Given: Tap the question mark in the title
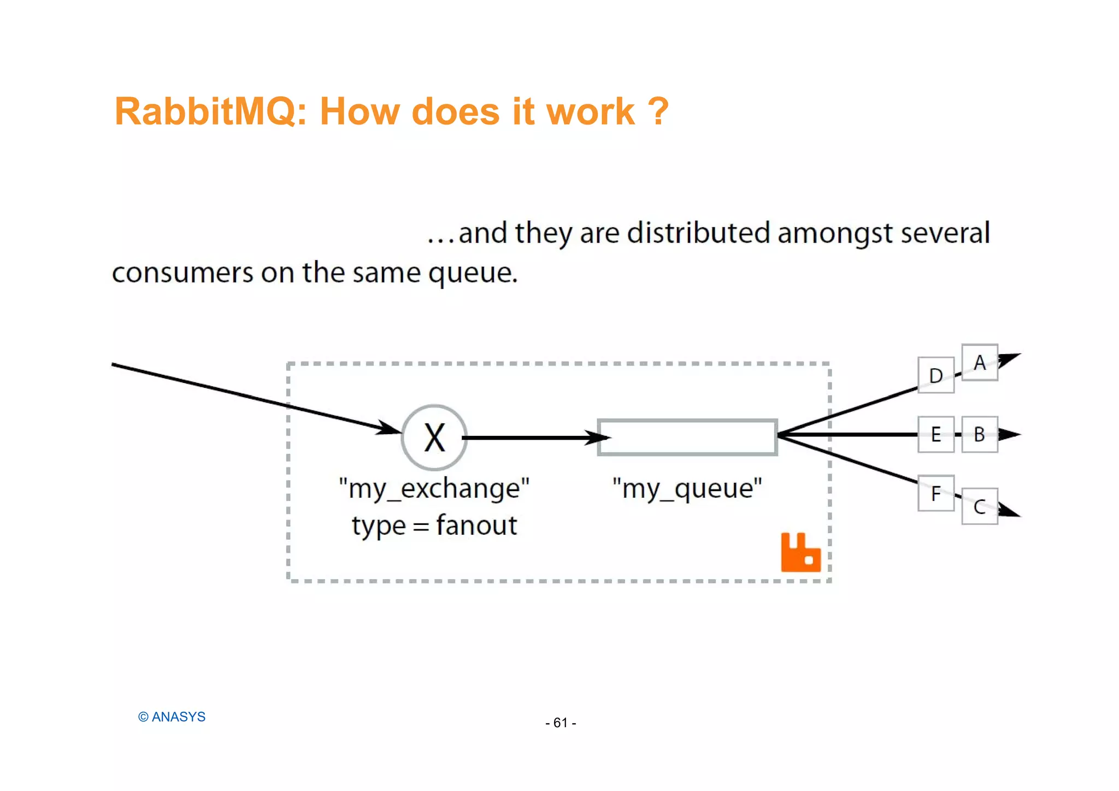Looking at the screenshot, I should (658, 111).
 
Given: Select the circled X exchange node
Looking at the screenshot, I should (434, 438).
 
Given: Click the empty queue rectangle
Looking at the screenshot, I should (687, 437).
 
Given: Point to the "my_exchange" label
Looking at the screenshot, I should (434, 488).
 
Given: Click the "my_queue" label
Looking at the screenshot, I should (687, 488).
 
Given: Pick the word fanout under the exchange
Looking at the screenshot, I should (476, 526).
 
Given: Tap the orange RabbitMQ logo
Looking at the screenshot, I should (800, 552).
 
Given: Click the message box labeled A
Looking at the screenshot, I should (980, 362).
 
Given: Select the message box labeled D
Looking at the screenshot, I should (936, 375).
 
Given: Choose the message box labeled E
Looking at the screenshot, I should (936, 434).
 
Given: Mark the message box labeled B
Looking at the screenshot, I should (980, 434).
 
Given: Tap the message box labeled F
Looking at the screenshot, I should (936, 493).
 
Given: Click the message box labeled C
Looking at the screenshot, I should (980, 506).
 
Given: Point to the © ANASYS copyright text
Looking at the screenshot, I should (172, 717).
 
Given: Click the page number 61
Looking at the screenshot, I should (561, 723).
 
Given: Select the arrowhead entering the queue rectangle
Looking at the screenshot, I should (598, 438).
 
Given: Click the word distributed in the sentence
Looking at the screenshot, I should (698, 233).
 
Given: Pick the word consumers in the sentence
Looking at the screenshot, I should (182, 273).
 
